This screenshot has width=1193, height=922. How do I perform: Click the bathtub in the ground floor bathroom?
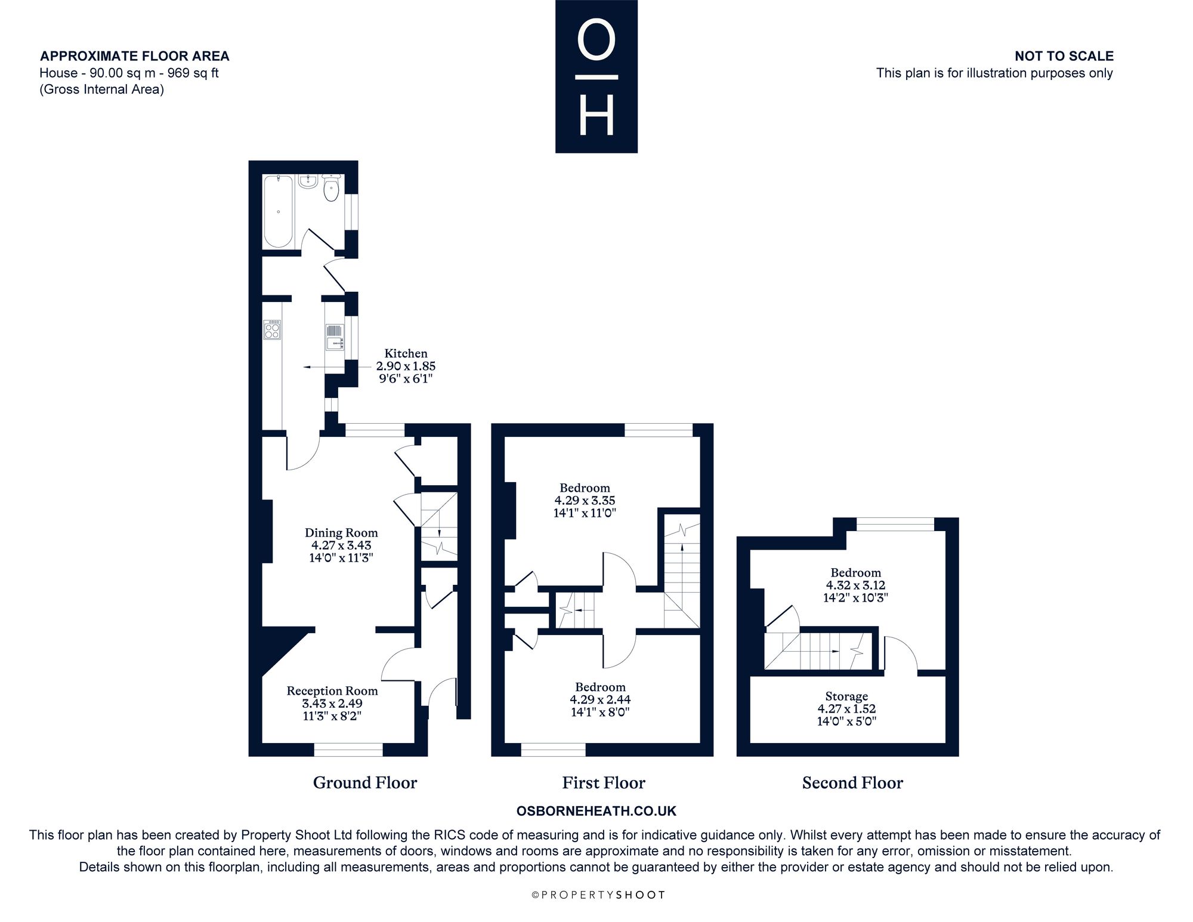click(279, 211)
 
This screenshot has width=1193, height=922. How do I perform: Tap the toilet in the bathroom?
click(331, 187)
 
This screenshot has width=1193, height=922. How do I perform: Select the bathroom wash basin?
click(308, 181)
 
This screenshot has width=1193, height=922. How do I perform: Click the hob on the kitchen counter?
click(273, 329)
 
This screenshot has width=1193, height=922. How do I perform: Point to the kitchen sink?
click(335, 337)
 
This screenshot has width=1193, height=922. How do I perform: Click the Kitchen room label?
click(406, 353)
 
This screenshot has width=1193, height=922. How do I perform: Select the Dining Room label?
click(341, 533)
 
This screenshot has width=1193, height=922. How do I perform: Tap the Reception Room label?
click(332, 691)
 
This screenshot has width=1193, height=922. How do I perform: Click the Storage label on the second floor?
click(846, 696)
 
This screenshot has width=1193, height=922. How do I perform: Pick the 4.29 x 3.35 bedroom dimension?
click(585, 501)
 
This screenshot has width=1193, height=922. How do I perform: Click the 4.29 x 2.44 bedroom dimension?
click(600, 699)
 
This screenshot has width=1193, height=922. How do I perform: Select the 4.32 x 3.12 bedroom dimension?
click(855, 585)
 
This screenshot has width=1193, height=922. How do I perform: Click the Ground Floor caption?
click(365, 783)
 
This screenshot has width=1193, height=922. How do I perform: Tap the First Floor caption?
click(604, 783)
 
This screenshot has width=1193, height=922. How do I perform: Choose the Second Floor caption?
click(852, 783)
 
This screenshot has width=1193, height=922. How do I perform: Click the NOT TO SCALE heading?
click(1064, 56)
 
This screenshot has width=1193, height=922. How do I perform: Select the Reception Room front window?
click(348, 750)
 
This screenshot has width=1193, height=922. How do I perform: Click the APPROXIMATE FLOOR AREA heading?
click(135, 56)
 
